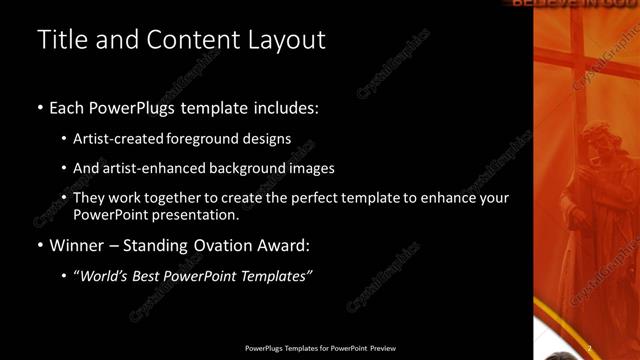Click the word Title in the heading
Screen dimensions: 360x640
60,40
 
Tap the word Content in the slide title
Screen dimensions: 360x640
191,40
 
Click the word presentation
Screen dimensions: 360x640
197,215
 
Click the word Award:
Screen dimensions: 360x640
287,245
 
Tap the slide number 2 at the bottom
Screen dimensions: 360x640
589,348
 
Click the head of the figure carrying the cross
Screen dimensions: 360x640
597,137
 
